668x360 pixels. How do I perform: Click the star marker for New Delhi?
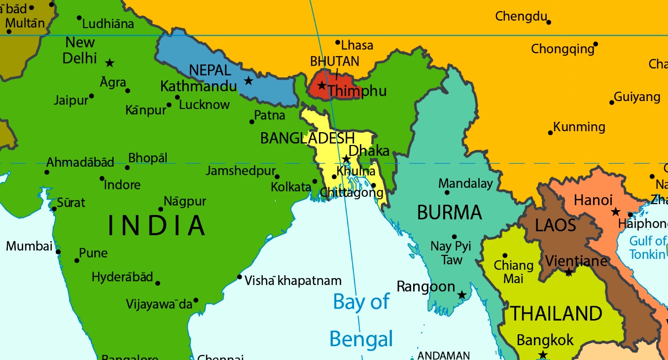tap(110, 63)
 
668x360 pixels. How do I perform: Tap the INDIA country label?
tap(157, 225)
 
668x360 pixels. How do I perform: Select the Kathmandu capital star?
tap(248, 80)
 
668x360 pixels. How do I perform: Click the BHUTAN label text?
tap(334, 62)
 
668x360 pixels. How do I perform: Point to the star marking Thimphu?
tap(321, 85)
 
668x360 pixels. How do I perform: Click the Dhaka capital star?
tap(346, 159)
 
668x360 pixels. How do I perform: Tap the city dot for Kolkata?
tap(315, 181)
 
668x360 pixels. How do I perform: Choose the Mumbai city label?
tap(29, 246)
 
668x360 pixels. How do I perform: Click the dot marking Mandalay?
tap(447, 192)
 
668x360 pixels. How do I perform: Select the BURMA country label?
tap(449, 213)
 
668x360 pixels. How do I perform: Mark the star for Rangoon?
tap(461, 295)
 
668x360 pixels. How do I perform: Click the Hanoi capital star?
tap(615, 212)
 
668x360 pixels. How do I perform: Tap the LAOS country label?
tap(556, 225)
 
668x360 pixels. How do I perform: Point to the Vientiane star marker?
tap(568, 272)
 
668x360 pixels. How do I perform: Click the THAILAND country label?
tap(556, 314)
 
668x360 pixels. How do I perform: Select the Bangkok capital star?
tap(543, 355)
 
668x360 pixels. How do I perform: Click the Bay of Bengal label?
tap(361, 320)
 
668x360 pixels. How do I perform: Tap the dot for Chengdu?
tap(549, 22)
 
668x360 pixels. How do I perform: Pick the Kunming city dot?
tap(550, 133)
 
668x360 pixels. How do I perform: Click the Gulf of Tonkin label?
tap(647, 248)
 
